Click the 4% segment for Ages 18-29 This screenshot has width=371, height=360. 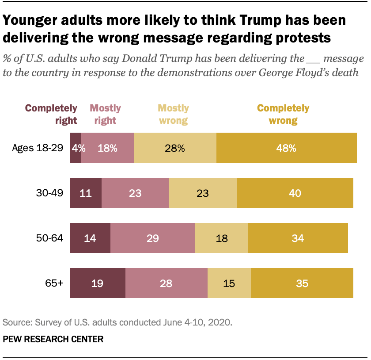point(76,148)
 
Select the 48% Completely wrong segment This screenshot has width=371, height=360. point(286,148)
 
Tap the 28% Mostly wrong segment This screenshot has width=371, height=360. point(175,148)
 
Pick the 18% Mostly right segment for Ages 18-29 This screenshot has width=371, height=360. point(108,148)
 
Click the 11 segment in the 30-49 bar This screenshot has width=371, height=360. point(86,193)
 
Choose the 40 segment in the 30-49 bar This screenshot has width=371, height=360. point(295,193)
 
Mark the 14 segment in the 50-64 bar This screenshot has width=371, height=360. point(90,238)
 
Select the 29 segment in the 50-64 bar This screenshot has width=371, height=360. point(152,238)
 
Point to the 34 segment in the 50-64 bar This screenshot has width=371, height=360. point(298,238)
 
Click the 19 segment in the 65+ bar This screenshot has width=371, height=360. point(98,283)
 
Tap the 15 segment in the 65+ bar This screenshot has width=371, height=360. point(229,283)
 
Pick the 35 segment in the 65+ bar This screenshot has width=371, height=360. point(302,283)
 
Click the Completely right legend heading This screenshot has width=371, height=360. point(51,114)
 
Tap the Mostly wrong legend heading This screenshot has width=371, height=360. point(173,114)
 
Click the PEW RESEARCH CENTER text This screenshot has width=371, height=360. point(53,339)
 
